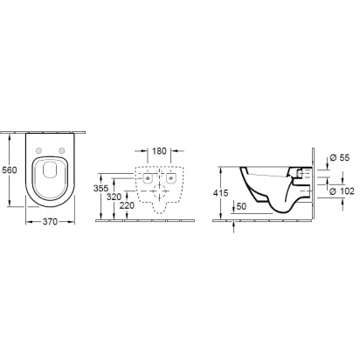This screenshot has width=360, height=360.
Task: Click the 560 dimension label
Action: tap(10, 170)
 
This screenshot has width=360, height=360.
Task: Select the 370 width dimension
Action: tap(50, 222)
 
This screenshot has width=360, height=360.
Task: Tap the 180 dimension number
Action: tap(159, 151)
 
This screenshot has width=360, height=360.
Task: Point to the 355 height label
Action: tap(100, 189)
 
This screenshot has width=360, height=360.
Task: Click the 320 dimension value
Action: tap(114, 197)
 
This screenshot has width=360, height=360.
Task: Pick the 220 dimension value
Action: tap(127, 205)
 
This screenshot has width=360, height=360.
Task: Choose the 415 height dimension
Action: tap(220, 193)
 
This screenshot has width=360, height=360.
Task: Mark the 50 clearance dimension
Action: tap(241, 206)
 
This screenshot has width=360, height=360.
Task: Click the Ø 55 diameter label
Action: tap(340, 158)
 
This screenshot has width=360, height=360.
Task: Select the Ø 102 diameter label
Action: tap(342, 191)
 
